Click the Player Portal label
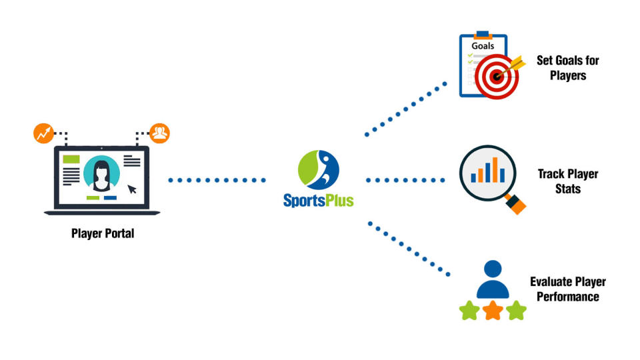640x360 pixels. (102, 234)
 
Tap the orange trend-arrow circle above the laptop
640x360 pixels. (43, 133)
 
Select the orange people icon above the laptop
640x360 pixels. (159, 133)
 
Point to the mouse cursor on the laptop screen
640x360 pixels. (132, 189)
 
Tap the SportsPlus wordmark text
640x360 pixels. (318, 200)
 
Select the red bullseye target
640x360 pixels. (497, 76)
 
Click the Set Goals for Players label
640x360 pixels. (567, 68)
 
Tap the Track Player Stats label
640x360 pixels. (567, 181)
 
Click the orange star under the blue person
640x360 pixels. (493, 310)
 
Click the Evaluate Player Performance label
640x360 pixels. (567, 289)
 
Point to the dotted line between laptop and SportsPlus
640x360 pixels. (217, 180)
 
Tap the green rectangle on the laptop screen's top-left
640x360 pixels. (71, 160)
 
